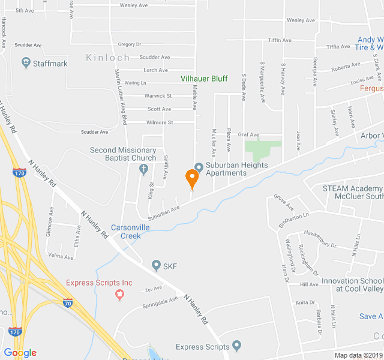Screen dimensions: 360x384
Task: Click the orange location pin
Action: pyautogui.click(x=192, y=179)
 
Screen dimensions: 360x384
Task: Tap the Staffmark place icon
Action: pyautogui.click(x=26, y=62)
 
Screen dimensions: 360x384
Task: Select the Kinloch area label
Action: pyautogui.click(x=107, y=58)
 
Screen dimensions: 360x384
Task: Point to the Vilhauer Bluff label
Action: pyautogui.click(x=205, y=78)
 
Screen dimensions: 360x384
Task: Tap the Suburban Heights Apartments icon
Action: pyautogui.click(x=199, y=166)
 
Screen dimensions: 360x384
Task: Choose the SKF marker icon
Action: pyautogui.click(x=156, y=265)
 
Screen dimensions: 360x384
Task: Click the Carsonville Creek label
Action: pyautogui.click(x=126, y=232)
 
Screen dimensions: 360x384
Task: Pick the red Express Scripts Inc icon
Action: pyautogui.click(x=119, y=293)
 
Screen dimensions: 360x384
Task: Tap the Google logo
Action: pyautogui.click(x=20, y=353)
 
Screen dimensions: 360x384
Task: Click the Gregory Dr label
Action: pyautogui.click(x=129, y=44)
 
